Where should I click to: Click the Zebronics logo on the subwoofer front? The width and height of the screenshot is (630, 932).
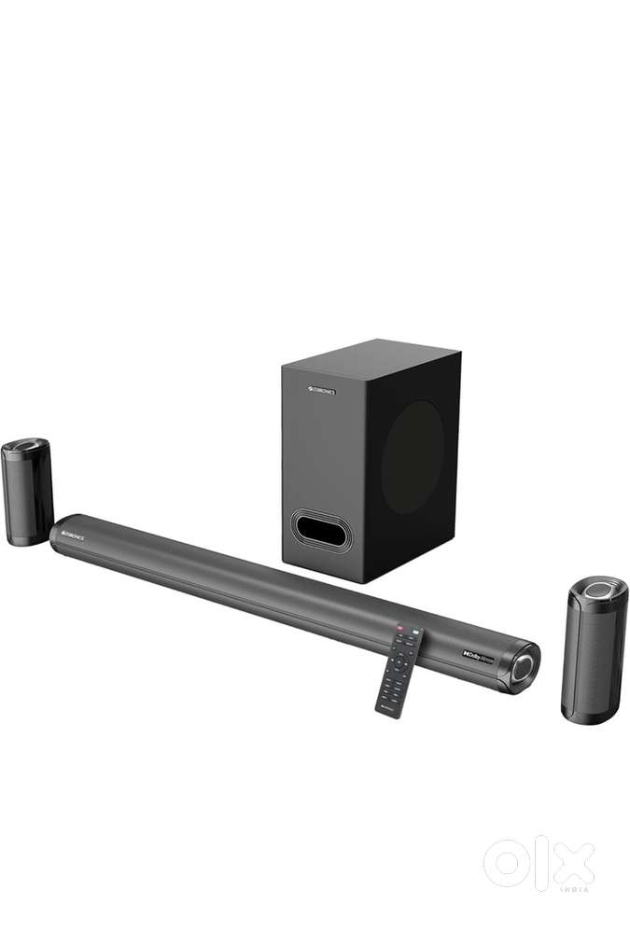(x=320, y=393)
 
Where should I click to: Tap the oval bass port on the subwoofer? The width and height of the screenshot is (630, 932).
(x=320, y=530)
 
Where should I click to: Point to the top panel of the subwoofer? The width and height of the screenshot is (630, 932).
(x=373, y=358)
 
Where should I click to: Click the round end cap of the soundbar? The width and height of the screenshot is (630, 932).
(x=524, y=665)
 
